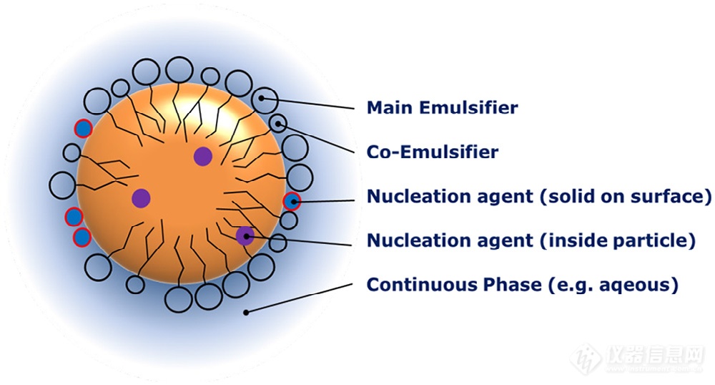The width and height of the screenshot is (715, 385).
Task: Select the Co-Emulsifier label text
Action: coord(432,152)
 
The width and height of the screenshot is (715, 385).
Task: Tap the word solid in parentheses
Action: coord(571,196)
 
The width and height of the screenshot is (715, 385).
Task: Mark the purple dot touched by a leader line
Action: coord(245,235)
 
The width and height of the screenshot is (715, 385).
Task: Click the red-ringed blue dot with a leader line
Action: coord(292,201)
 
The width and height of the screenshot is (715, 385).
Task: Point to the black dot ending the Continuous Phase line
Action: coord(246,311)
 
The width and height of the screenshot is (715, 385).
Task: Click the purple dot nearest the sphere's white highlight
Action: coord(204,156)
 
